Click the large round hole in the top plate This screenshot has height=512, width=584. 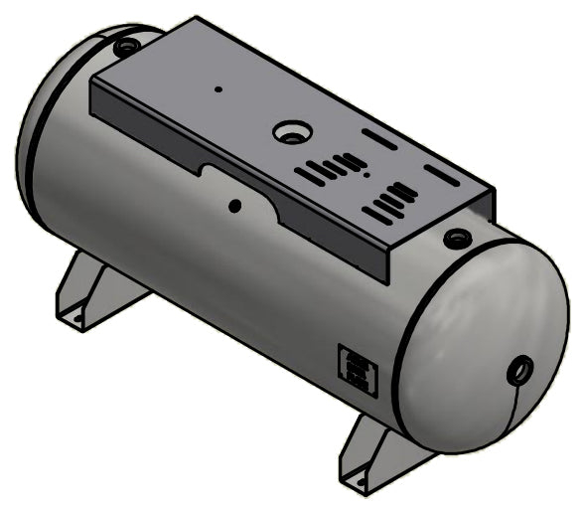click(290, 130)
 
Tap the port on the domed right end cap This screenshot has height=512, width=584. click(519, 372)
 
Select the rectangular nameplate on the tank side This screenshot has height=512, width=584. click(357, 371)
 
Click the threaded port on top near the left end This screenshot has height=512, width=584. click(125, 46)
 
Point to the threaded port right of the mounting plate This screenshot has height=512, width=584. click(456, 238)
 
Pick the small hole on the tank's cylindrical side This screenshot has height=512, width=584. click(234, 207)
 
